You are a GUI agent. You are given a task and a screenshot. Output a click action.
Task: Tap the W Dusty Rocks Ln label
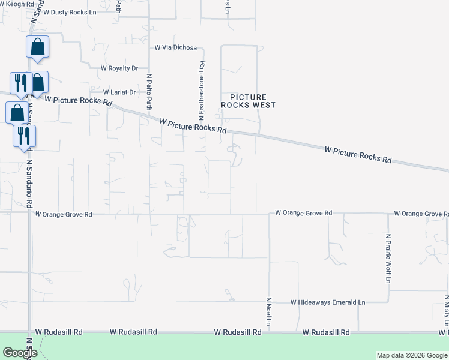tap(73, 12)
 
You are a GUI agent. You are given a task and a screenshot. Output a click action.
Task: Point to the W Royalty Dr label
tap(119, 68)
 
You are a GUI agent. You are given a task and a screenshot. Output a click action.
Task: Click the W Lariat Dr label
tap(119, 92)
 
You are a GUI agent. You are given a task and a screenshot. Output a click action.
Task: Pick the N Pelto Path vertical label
tap(149, 92)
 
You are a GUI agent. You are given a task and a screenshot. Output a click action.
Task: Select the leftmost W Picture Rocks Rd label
tap(79, 101)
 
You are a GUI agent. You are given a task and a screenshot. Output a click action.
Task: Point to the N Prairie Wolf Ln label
tap(388, 258)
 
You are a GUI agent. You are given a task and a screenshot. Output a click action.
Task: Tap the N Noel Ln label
tap(270, 312)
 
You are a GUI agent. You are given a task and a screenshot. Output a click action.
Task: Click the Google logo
tap(20, 353)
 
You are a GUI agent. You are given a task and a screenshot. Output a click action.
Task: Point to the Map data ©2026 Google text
tap(411, 355)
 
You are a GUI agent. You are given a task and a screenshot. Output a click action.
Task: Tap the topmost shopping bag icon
tap(37, 47)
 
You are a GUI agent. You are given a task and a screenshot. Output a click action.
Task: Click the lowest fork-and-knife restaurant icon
tap(24, 136)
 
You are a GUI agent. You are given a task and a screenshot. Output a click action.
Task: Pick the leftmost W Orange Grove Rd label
tap(64, 214)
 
